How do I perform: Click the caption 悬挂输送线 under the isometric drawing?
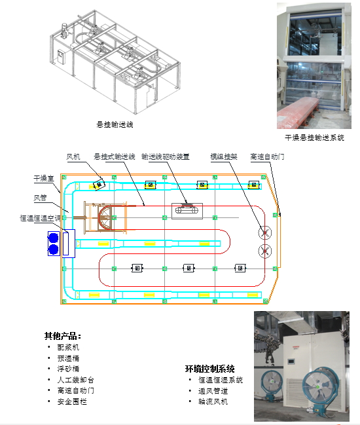(115, 124)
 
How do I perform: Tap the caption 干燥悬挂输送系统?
(314, 138)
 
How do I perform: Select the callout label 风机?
(73, 157)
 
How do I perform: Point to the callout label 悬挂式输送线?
(115, 157)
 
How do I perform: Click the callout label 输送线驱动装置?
(165, 157)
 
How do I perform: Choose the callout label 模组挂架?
(224, 157)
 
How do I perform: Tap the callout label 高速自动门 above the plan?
(267, 157)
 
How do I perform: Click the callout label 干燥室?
(44, 178)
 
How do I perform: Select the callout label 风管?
(40, 198)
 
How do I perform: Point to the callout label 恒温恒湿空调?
(41, 218)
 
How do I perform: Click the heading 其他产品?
(63, 336)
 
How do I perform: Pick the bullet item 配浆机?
(68, 347)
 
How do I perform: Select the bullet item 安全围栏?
(72, 401)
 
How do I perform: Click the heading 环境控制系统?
(209, 369)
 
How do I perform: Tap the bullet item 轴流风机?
(213, 401)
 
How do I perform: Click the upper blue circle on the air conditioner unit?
(54, 238)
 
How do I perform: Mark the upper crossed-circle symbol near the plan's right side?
(264, 232)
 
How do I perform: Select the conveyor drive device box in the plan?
(187, 211)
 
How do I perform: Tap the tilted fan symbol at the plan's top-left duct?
(99, 185)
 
